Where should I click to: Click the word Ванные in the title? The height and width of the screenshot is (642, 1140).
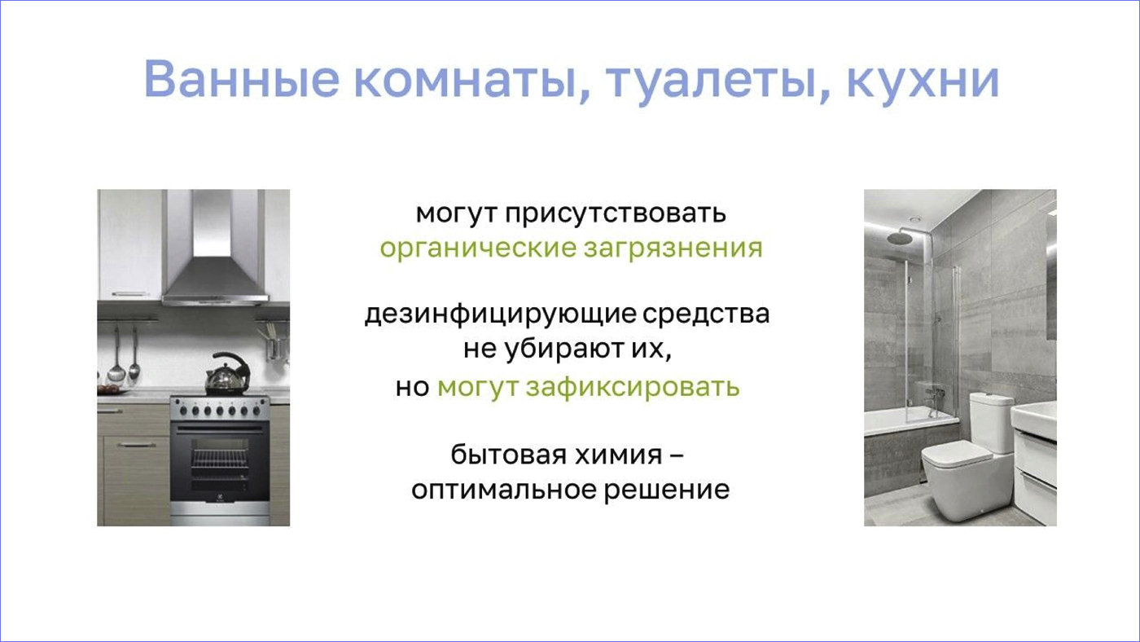click(242, 79)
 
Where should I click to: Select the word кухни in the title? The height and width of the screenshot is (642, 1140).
click(923, 80)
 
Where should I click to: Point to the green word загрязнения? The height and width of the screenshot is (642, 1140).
click(673, 248)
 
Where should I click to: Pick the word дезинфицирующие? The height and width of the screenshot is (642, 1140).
click(500, 314)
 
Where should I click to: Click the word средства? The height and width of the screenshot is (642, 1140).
click(706, 314)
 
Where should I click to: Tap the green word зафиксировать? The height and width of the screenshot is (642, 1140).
click(633, 387)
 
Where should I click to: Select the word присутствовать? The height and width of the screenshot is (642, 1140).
click(616, 213)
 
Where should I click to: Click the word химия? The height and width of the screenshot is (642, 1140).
click(618, 455)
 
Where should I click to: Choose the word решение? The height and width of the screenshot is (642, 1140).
click(667, 490)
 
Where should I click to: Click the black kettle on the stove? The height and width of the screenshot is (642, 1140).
click(227, 373)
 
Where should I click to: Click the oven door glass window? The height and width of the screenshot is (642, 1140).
click(219, 464)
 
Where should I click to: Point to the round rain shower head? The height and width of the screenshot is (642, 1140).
click(901, 238)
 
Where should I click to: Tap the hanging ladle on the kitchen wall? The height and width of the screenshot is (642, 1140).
click(116, 356)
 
